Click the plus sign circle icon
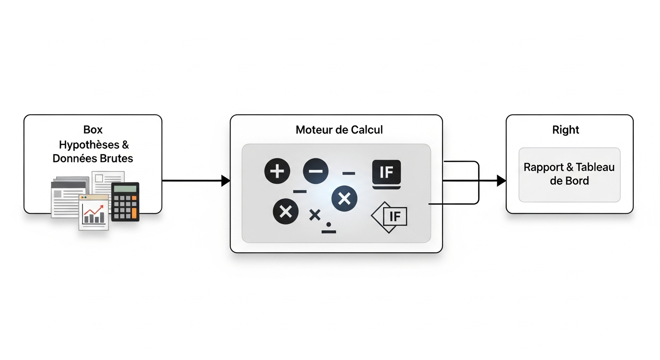point(277,171)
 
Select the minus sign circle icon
point(315,171)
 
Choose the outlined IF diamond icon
point(389,217)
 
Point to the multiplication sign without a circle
point(315,215)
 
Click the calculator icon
point(125,202)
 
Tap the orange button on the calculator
point(135,213)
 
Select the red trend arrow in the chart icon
point(94,210)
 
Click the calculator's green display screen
point(125,188)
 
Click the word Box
point(93,130)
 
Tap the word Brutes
point(116,158)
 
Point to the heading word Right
point(565,130)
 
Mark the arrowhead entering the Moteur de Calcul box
point(225,180)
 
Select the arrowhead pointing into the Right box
point(502,180)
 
